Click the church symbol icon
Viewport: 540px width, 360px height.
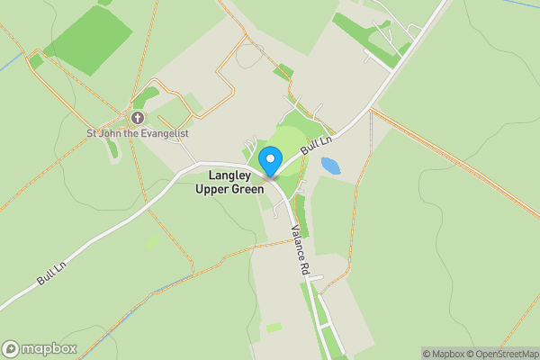pos(138,118)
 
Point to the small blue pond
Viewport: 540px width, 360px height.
pos(331,166)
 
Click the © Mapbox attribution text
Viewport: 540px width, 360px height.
pos(441,354)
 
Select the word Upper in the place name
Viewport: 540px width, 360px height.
pos(211,189)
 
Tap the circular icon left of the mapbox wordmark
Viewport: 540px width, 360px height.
pos(11,348)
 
